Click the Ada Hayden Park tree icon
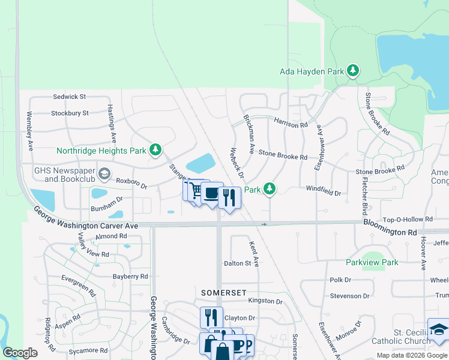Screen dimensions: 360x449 coord(354,71)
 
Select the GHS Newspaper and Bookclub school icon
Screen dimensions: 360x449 coord(104,175)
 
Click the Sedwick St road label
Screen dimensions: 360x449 coord(70,96)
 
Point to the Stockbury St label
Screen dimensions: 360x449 coord(70,113)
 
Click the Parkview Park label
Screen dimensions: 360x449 coord(372,262)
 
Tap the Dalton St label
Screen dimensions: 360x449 coord(237,263)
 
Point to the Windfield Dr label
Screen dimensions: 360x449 coord(323,193)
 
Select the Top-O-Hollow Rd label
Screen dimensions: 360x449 coord(408,220)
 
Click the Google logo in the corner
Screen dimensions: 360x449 coord(20,353)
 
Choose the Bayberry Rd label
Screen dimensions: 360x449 coord(130,277)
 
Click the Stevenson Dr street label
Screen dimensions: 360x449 coord(349,296)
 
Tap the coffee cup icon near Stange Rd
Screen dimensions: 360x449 coord(211,193)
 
